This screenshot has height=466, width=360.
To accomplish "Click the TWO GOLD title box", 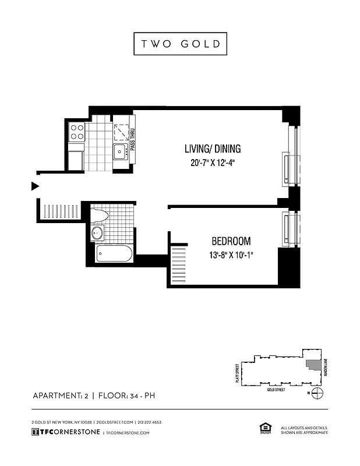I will coord(180,44).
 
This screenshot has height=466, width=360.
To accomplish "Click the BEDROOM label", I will coord(231,241).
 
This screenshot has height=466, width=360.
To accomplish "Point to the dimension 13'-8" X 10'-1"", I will coord(231,255).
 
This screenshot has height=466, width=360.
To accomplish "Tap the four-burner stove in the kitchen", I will coord(77,132).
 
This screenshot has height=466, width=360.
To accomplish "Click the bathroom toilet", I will coord(99,215).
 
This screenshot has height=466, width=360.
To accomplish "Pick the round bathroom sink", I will coord(97,234).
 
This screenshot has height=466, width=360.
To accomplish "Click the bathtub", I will coord(116,254).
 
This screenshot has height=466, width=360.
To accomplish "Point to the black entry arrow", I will coord(35,186).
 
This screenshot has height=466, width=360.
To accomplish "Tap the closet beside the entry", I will coord(59,210).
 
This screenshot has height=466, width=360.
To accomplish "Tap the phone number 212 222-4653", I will coord(149,422).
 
